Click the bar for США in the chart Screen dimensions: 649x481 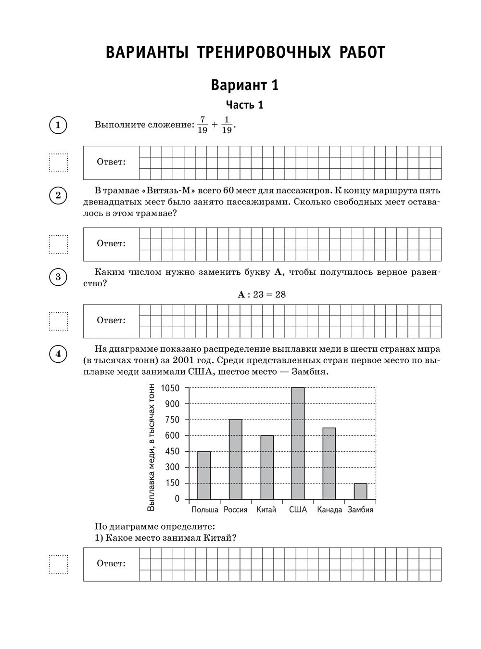[x=298, y=443]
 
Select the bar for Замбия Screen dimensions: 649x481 [x=360, y=491]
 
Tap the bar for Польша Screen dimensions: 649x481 [x=204, y=475]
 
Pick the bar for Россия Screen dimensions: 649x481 [x=235, y=459]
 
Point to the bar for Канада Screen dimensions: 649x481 [x=329, y=463]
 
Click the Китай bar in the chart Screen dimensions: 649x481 [x=267, y=467]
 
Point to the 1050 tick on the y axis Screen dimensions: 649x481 [x=170, y=388]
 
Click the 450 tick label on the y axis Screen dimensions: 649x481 [x=172, y=451]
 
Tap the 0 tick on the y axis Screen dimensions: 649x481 [x=177, y=499]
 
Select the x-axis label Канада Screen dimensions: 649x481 [x=329, y=510]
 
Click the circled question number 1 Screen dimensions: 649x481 [x=58, y=126]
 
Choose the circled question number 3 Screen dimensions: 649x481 [x=58, y=277]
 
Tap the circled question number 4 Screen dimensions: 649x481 [x=58, y=355]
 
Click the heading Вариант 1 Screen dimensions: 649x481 [x=245, y=85]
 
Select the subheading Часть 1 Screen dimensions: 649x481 [x=245, y=105]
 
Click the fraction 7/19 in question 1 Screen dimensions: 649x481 [x=202, y=125]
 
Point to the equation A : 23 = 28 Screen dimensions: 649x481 [x=262, y=294]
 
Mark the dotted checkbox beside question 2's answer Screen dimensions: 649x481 [x=59, y=244]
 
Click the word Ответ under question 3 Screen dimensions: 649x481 [x=111, y=320]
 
